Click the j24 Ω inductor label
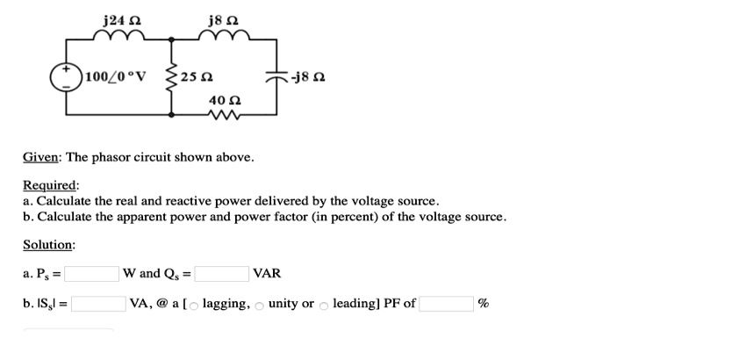pos(118,18)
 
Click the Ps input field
pos(91,274)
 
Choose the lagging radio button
pos(195,306)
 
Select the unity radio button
pos(261,306)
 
